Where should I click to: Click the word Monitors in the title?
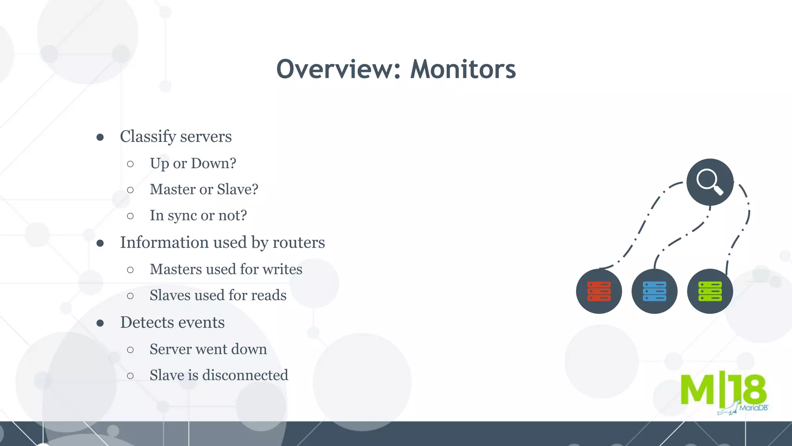pos(463,70)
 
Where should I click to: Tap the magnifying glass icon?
pos(710,182)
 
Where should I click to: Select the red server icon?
pos(599,291)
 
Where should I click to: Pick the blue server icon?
pos(654,291)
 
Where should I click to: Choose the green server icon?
pos(710,291)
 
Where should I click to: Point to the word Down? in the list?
pos(213,163)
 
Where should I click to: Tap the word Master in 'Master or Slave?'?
pos(172,190)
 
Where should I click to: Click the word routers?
pos(299,243)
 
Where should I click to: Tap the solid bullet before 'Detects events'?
pos(100,323)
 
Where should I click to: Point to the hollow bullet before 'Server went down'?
pos(130,350)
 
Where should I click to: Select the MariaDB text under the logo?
pos(753,408)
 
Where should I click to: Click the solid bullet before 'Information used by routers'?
pos(100,243)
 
